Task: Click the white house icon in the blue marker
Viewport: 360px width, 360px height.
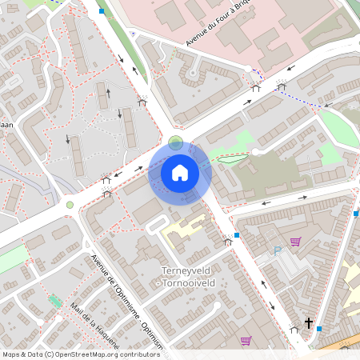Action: [180, 173]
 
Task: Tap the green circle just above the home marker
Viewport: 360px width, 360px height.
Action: [175, 142]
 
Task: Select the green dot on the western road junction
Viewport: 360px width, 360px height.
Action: [70, 205]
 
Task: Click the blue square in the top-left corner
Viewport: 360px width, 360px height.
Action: [102, 11]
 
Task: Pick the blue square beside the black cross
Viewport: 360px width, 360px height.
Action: [319, 329]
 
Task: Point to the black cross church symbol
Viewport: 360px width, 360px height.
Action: [308, 323]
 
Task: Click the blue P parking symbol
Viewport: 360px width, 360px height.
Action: [278, 250]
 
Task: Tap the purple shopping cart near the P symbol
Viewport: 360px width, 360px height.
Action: [295, 242]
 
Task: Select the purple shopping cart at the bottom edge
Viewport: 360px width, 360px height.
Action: [246, 341]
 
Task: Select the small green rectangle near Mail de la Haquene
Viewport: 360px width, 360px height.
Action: [55, 301]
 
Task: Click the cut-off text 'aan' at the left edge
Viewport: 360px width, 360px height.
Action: [6, 125]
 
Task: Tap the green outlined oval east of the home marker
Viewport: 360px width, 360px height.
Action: [230, 157]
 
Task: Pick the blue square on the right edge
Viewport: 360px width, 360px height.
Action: [355, 214]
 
